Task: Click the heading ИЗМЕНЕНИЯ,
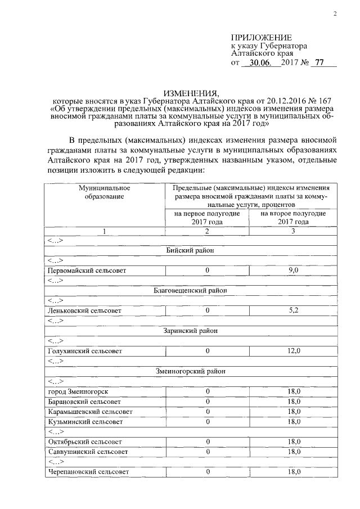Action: click(191, 92)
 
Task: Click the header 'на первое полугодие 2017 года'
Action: click(207, 218)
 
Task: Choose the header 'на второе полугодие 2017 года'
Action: click(292, 218)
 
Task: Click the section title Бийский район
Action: click(191, 250)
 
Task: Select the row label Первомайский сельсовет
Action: click(87, 271)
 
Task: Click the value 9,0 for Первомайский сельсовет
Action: click(292, 271)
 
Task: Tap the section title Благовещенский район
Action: click(191, 290)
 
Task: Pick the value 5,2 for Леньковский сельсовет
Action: click(292, 310)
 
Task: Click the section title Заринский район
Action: click(191, 331)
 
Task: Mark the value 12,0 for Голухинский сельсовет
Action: click(292, 350)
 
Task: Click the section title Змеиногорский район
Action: click(191, 371)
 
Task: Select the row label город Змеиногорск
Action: click(78, 391)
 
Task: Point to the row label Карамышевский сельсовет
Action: click(90, 411)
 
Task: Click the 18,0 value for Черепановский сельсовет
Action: click(292, 471)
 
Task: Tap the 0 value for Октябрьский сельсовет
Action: click(207, 442)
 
